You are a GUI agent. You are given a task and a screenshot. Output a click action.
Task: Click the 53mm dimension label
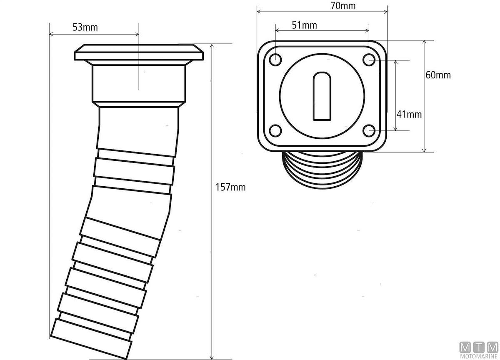pyautogui.click(x=85, y=27)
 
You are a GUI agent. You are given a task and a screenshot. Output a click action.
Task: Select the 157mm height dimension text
pyautogui.click(x=230, y=187)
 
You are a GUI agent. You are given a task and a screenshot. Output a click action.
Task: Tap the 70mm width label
pyautogui.click(x=343, y=6)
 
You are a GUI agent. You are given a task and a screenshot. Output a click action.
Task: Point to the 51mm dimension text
pyautogui.click(x=305, y=25)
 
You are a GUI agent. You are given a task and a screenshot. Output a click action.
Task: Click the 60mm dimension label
pyautogui.click(x=438, y=75)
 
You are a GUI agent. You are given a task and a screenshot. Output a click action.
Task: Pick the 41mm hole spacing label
pyautogui.click(x=409, y=115)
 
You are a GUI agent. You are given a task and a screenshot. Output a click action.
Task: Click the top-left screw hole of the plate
pyautogui.click(x=275, y=60)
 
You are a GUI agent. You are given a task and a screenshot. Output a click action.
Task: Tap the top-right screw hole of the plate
pyautogui.click(x=369, y=60)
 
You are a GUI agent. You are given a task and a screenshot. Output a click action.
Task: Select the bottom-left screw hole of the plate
pyautogui.click(x=275, y=131)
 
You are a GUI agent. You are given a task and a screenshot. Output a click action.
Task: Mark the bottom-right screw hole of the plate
pyautogui.click(x=369, y=131)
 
